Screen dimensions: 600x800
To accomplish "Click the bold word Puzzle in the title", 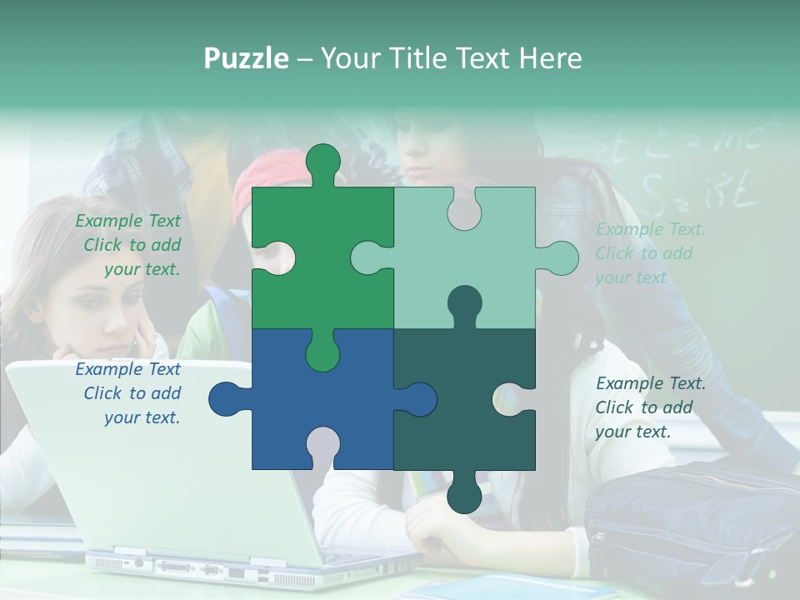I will pos(246,58).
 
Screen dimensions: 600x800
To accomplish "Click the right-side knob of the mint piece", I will pos(560,258).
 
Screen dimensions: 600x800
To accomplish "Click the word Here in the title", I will pos(549,58).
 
